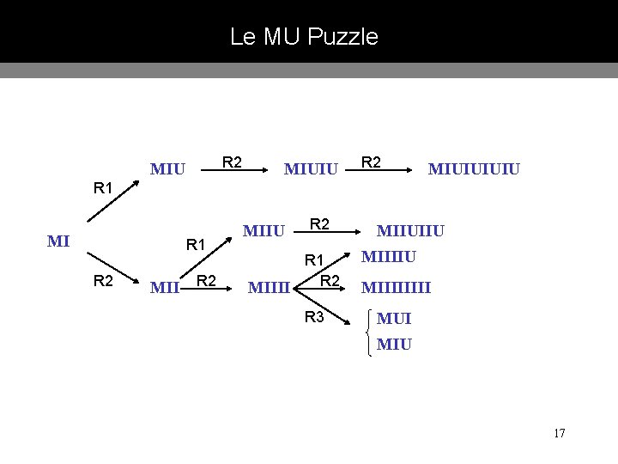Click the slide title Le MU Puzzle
304,37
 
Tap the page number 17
559,432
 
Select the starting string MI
58,241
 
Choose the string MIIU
265,230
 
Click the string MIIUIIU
411,230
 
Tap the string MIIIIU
390,256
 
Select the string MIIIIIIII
396,287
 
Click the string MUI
394,319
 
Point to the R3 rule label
314,317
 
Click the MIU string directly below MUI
394,345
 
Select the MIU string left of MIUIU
167,168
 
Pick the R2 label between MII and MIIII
206,280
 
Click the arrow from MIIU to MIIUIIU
325,234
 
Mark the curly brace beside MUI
369,333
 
